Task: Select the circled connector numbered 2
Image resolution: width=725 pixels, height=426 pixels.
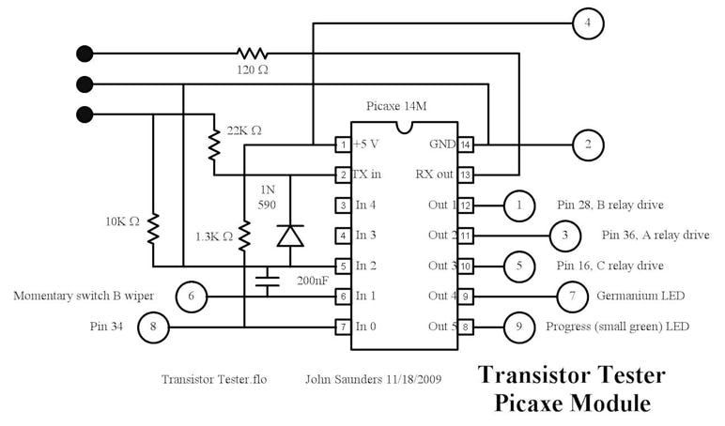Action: [x=588, y=145]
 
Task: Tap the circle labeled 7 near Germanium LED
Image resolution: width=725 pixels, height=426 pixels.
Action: [x=571, y=296]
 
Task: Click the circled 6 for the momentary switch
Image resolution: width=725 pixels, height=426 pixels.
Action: [x=192, y=297]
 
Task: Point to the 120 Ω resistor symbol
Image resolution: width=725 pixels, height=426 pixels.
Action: [x=252, y=53]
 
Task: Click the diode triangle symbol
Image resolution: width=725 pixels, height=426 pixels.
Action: [x=289, y=236]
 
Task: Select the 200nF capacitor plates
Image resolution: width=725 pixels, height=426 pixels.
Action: [x=268, y=279]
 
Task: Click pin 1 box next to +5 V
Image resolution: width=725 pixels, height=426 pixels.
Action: [x=344, y=145]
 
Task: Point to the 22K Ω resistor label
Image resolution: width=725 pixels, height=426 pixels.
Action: [x=246, y=129]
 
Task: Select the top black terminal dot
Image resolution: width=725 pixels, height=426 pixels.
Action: [x=85, y=53]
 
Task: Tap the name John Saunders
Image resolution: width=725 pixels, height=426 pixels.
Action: [x=338, y=381]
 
